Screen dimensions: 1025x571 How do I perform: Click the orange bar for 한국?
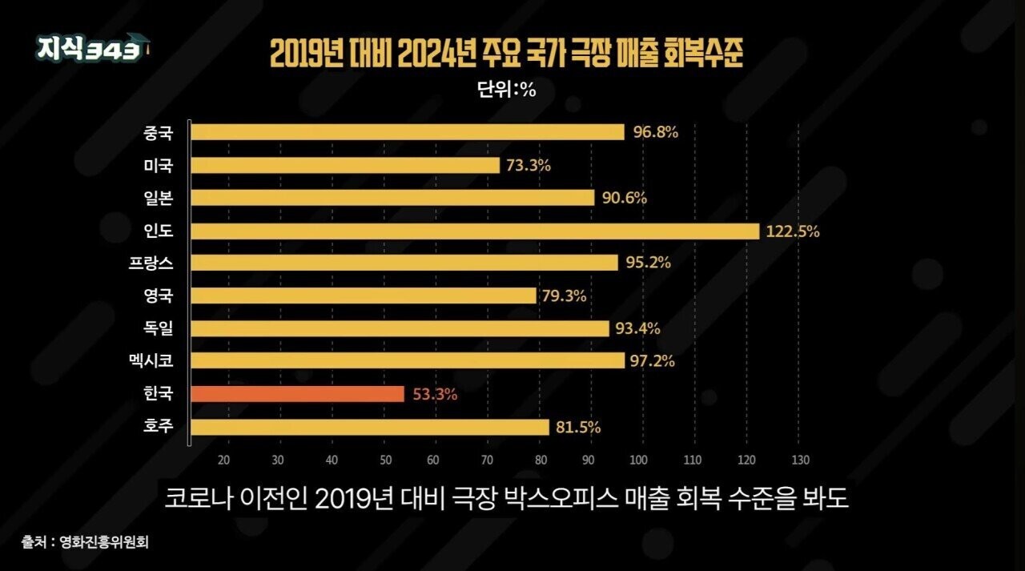[x=297, y=394]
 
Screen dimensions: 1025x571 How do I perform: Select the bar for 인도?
[x=475, y=231]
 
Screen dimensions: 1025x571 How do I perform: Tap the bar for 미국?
[x=345, y=165]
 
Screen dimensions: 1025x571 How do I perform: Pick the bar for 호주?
[x=370, y=428]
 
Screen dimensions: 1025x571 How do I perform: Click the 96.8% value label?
[x=655, y=132]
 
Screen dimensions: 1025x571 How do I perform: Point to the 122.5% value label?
[x=793, y=231]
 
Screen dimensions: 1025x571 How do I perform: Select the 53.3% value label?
[x=435, y=394]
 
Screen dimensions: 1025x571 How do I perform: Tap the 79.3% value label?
[x=564, y=296]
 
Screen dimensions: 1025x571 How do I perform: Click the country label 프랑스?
[x=151, y=263]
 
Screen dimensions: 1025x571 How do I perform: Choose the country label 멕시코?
[x=151, y=361]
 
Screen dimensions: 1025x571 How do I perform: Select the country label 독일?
[x=159, y=328]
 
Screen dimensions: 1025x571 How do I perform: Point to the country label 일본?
[x=159, y=198]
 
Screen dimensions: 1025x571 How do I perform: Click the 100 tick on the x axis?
[x=638, y=460]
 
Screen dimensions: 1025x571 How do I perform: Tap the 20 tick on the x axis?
[x=223, y=460]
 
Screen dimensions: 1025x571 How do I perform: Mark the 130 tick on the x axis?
[x=800, y=460]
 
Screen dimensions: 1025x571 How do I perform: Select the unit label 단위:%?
[x=506, y=89]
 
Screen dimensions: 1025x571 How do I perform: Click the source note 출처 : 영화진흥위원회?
[x=85, y=542]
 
